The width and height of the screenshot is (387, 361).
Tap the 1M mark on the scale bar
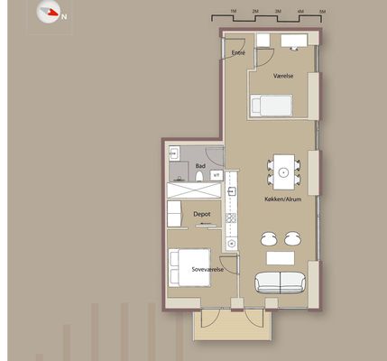(x=234, y=12)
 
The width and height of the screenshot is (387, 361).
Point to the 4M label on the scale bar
(x=300, y=12)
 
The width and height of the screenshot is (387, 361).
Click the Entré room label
(x=238, y=53)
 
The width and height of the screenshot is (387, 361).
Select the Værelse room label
(x=283, y=76)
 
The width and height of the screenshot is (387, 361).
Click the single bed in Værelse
(x=272, y=106)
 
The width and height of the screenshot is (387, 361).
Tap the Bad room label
(x=200, y=166)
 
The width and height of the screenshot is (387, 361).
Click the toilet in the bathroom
(x=199, y=176)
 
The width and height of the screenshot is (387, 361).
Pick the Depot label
(x=202, y=214)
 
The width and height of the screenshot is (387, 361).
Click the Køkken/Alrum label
(x=283, y=199)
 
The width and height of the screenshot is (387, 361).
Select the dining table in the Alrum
(x=283, y=172)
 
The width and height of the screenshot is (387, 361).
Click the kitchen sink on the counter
(x=232, y=190)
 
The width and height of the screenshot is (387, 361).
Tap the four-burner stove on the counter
(x=231, y=218)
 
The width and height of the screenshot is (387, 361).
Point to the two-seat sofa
(x=280, y=282)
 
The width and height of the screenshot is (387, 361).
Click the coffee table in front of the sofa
(x=281, y=258)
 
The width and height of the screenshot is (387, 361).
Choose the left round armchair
(x=269, y=238)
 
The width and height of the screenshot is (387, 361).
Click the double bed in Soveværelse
(x=189, y=267)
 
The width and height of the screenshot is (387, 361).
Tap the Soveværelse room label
(x=207, y=269)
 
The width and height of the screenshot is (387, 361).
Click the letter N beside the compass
(x=64, y=17)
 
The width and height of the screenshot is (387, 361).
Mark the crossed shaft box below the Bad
(x=194, y=190)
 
